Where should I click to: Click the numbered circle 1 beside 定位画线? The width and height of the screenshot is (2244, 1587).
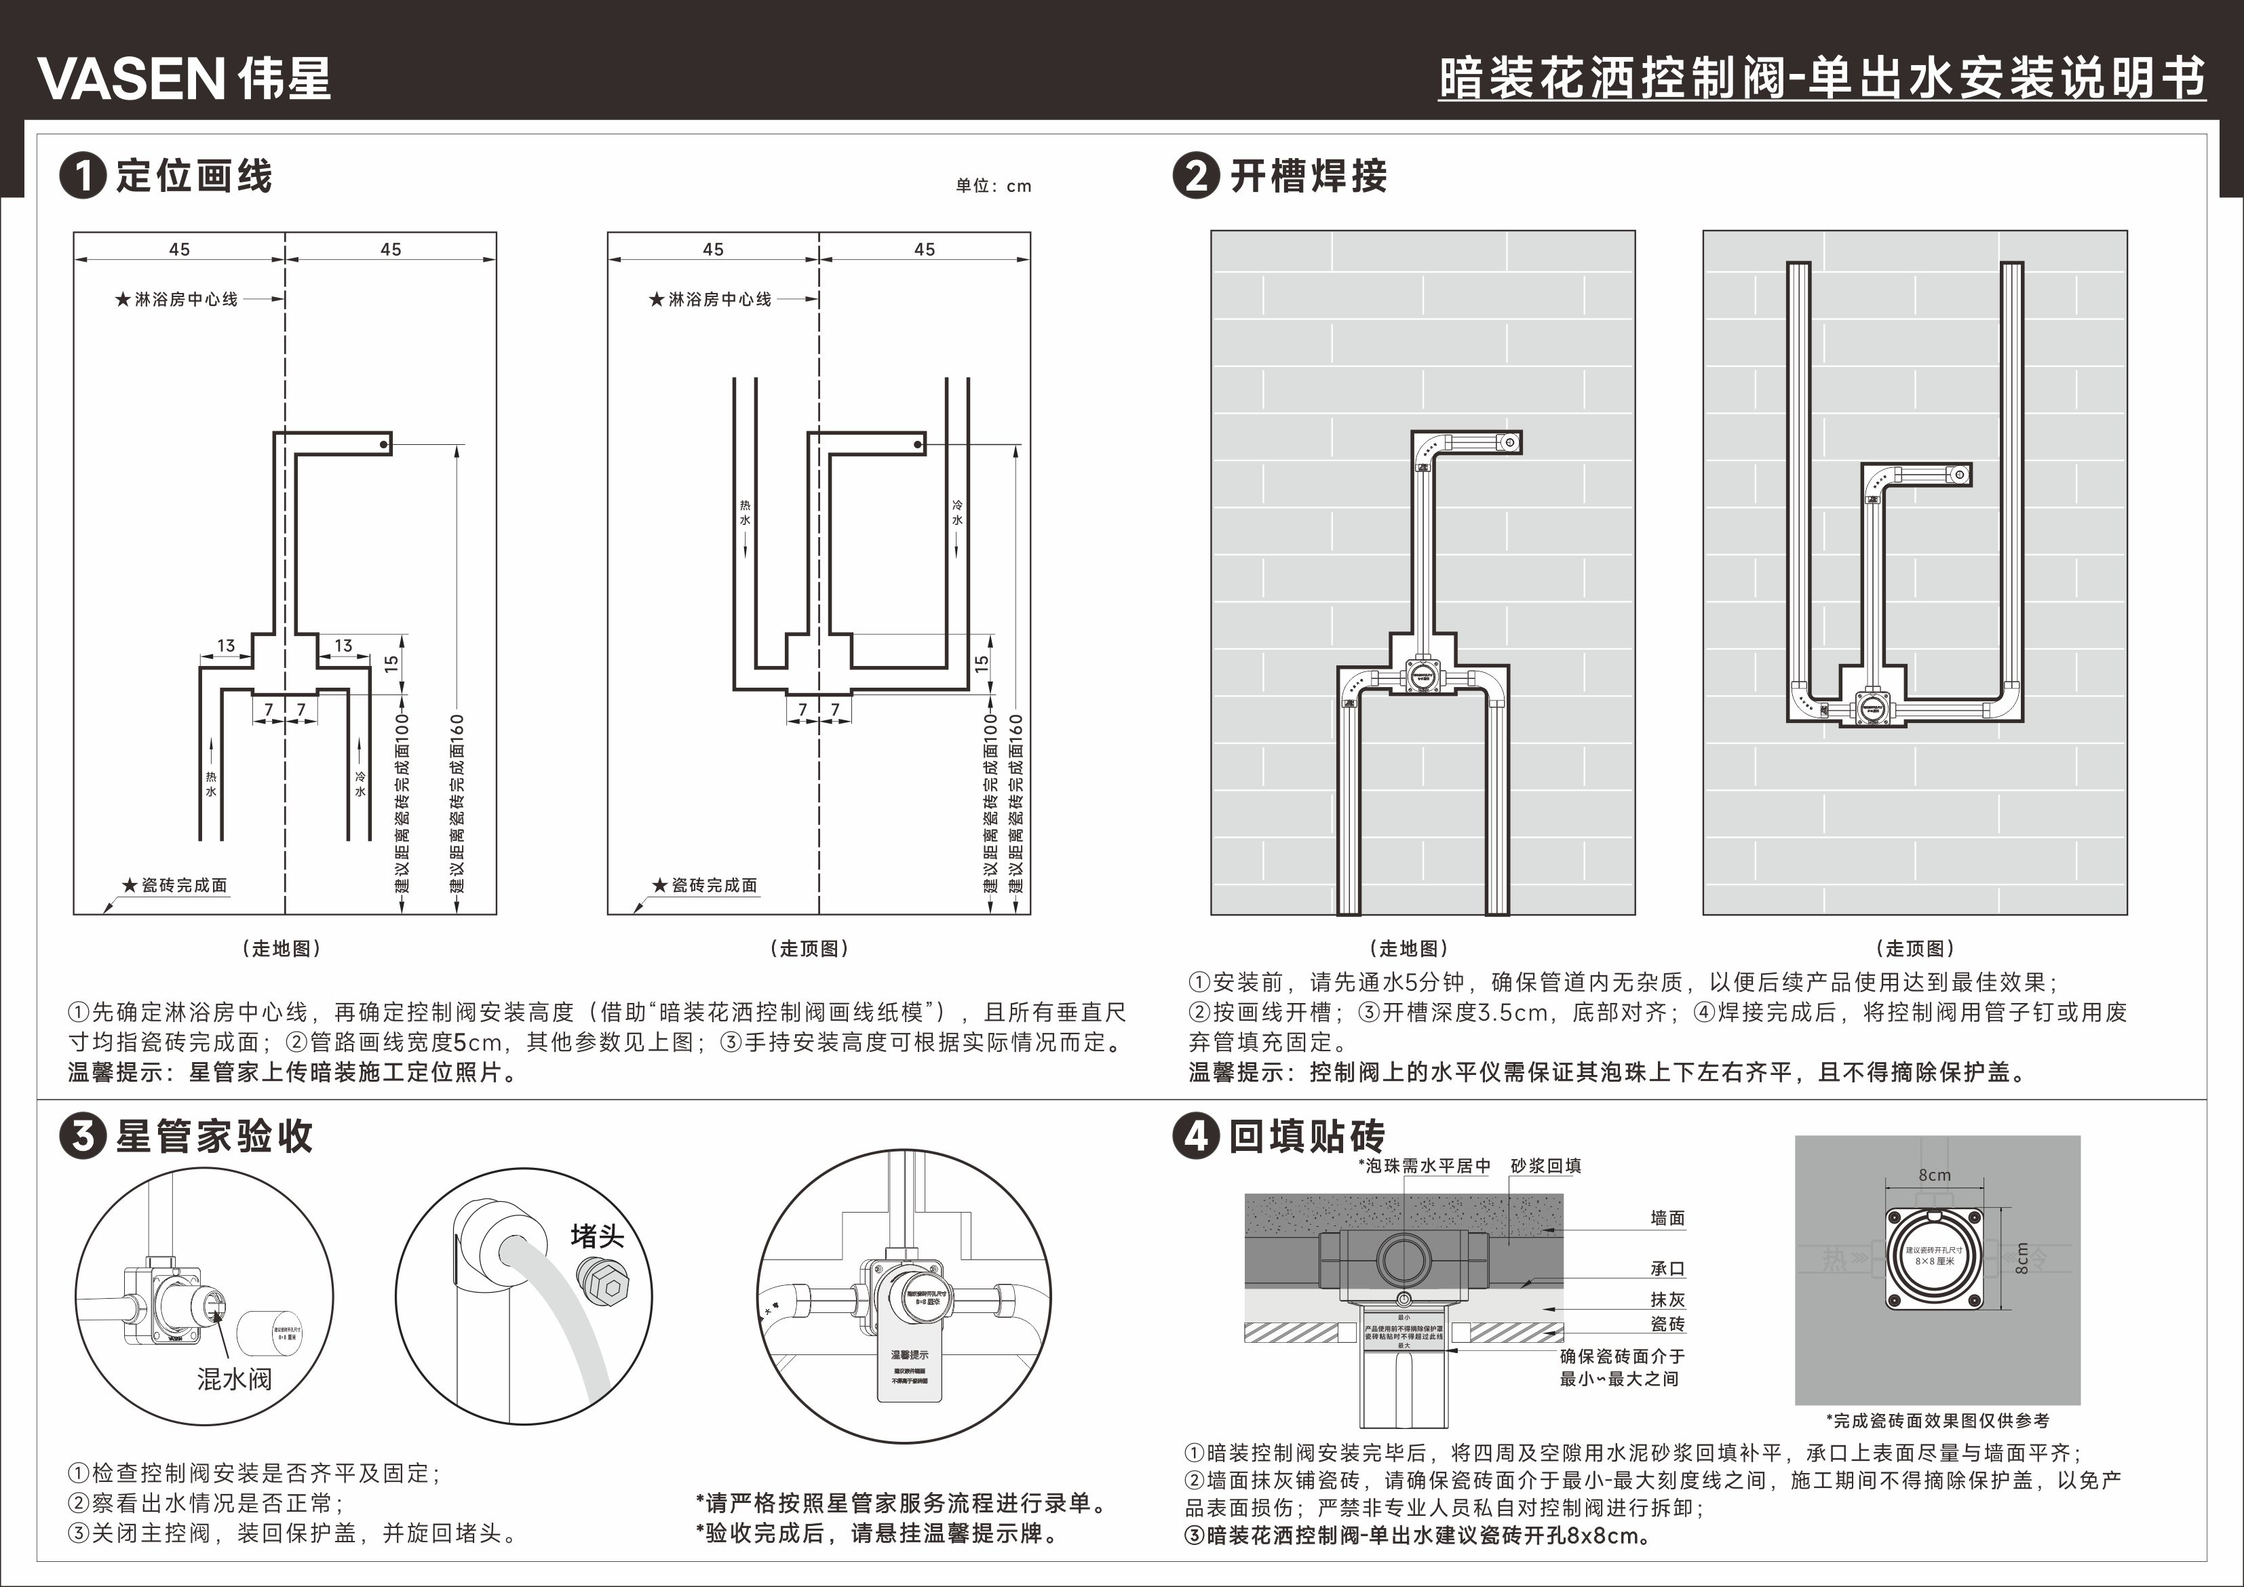click(x=82, y=177)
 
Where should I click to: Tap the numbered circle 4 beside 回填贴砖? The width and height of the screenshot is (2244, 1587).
click(x=1196, y=1137)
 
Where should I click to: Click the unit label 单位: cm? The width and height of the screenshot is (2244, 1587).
click(x=993, y=186)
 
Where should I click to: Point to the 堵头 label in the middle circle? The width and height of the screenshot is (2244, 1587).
click(x=596, y=1236)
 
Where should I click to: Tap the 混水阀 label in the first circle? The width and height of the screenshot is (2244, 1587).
click(x=235, y=1379)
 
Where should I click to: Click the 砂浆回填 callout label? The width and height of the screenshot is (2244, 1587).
click(x=1545, y=1166)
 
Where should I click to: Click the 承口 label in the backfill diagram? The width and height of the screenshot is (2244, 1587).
click(x=1667, y=1268)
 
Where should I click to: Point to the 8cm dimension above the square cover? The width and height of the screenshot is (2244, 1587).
click(x=1934, y=1175)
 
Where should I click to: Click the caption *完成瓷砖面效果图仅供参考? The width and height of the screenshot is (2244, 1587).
click(x=1937, y=1421)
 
